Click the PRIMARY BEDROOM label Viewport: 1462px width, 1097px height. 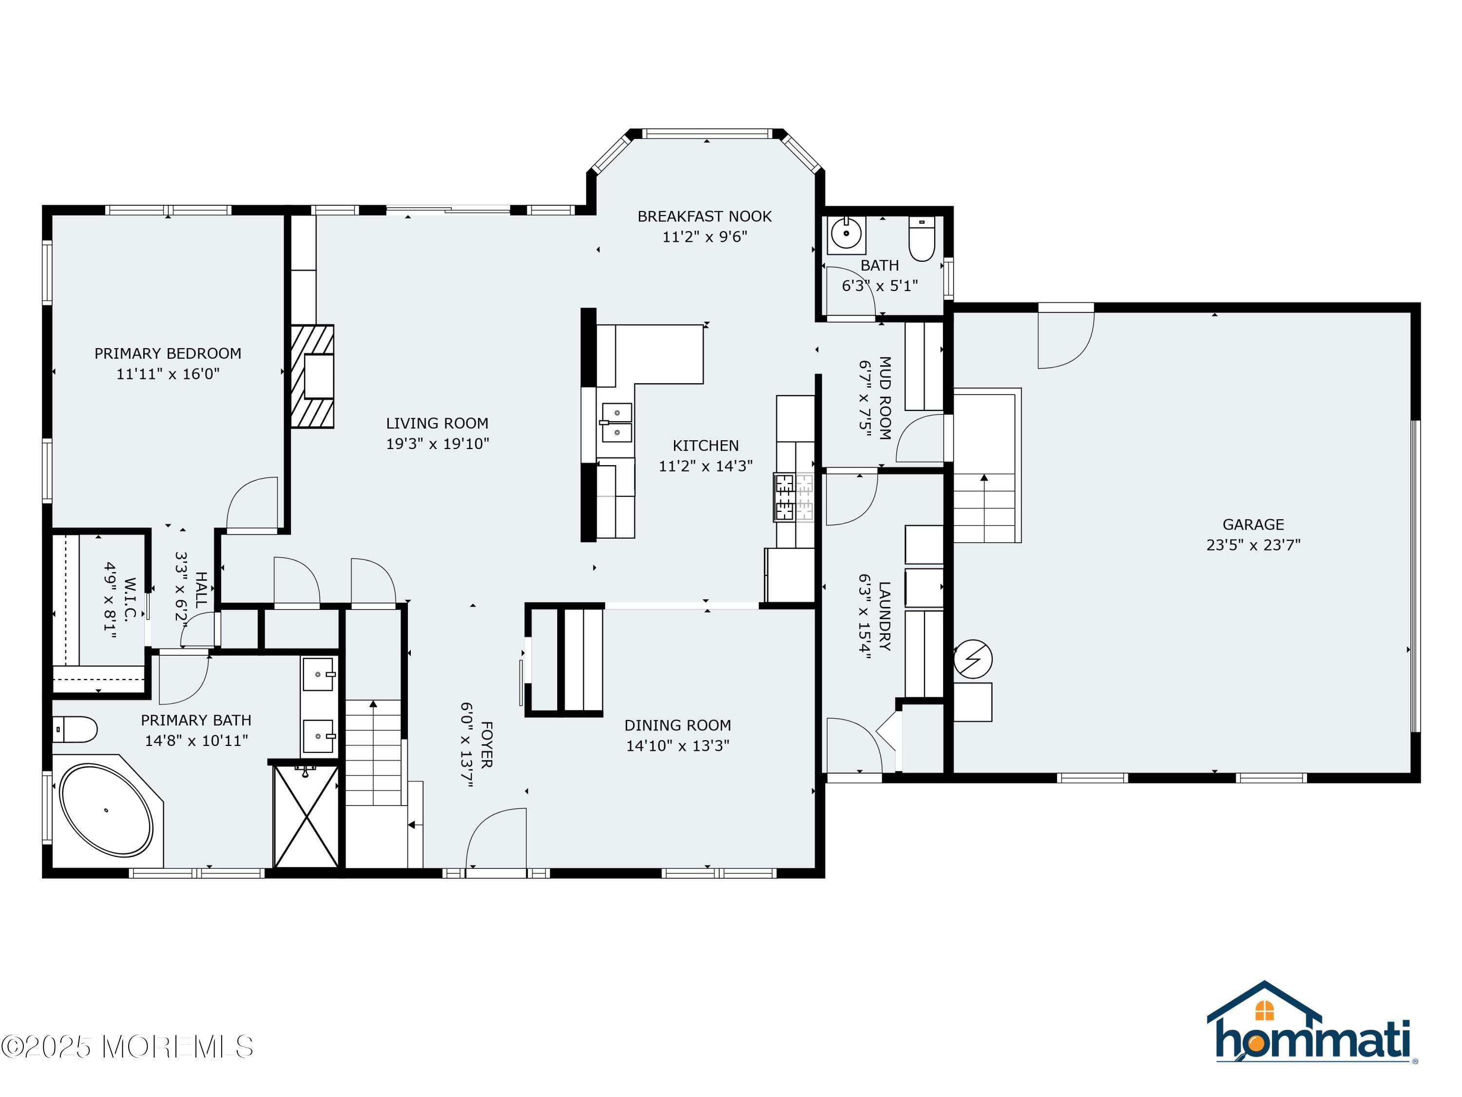(168, 354)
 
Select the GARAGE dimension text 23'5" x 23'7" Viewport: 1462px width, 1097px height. (1253, 545)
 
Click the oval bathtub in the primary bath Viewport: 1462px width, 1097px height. (106, 810)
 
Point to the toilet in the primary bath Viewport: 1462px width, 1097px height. (75, 730)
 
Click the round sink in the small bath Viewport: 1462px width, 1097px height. (846, 234)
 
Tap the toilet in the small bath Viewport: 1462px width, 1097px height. (922, 239)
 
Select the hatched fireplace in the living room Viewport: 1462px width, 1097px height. (312, 376)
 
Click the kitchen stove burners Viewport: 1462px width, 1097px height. (794, 497)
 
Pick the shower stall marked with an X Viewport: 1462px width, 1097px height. (306, 816)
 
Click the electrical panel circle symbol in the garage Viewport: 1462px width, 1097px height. (973, 659)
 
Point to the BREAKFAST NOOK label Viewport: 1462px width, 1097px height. (705, 216)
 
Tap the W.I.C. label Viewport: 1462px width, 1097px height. (130, 599)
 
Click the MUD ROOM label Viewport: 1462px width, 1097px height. (885, 398)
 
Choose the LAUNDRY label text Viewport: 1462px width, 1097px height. (885, 616)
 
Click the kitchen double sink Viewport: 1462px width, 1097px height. (616, 423)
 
